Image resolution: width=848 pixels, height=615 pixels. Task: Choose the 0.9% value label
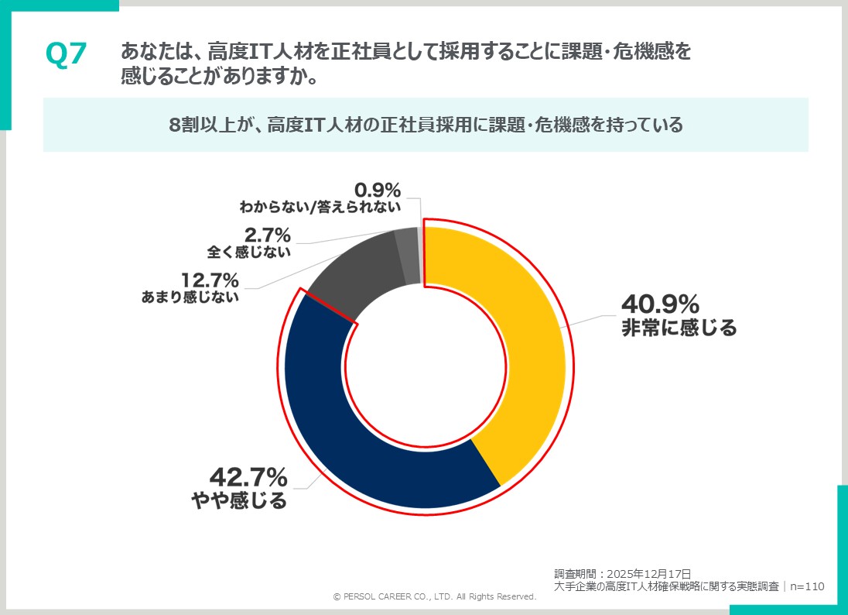point(378,189)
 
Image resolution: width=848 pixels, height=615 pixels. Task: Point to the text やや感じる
point(239,500)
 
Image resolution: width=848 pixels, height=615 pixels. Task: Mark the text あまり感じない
point(190,297)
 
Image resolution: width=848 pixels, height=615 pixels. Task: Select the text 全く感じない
point(249,252)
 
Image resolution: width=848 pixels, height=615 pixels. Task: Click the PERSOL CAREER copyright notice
point(435,597)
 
